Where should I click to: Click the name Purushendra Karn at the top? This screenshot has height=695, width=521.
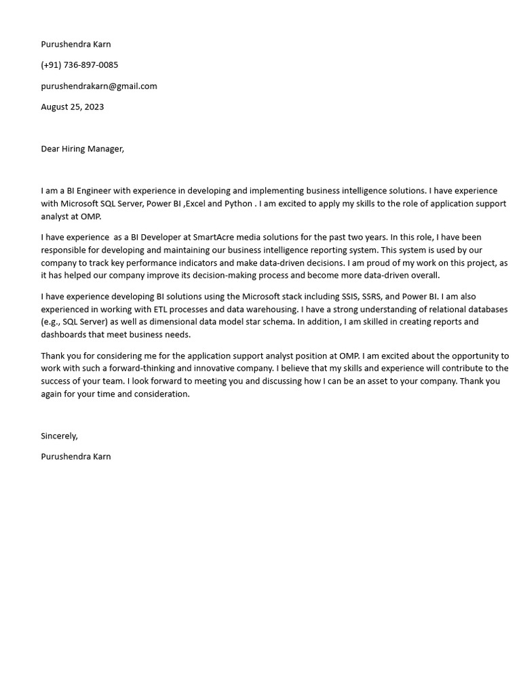(75, 44)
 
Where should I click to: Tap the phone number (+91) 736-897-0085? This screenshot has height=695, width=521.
(79, 65)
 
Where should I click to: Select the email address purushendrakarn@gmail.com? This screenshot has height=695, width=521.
(99, 86)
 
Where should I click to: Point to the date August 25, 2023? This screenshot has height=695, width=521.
(72, 107)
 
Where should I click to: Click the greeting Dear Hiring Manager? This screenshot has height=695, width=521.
(82, 149)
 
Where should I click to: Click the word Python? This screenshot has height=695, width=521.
(238, 204)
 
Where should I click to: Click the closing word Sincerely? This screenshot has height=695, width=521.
(59, 436)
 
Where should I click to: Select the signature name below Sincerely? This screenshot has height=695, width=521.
(75, 457)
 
